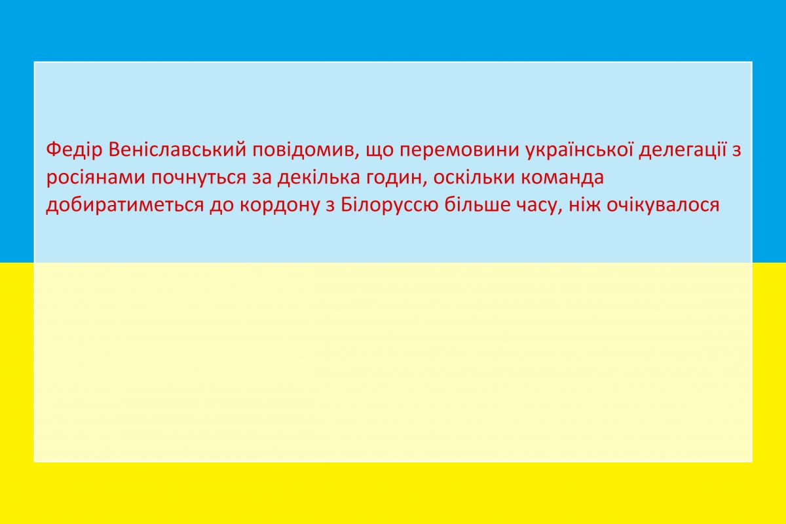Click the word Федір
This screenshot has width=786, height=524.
74,150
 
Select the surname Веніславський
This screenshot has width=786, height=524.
178,150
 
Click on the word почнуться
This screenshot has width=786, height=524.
199,178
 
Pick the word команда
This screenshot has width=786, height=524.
562,178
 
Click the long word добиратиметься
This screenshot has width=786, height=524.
124,205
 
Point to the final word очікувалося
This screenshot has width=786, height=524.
663,205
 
